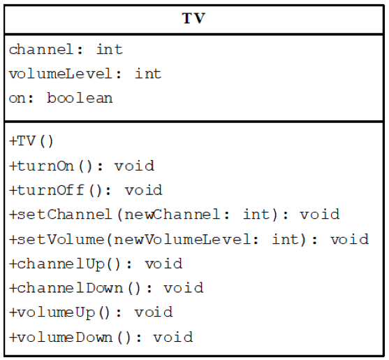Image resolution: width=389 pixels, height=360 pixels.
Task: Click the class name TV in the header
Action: [x=194, y=18]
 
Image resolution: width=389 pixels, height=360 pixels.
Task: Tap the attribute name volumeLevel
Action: [x=61, y=74]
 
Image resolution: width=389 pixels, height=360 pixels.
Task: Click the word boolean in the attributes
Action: [x=80, y=98]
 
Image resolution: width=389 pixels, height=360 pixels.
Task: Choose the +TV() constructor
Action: [x=31, y=141]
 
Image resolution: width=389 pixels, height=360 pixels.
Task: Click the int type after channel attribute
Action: [x=109, y=50]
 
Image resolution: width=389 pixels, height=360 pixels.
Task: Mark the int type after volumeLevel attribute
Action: [x=147, y=74]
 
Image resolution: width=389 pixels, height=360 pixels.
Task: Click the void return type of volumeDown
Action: [x=173, y=337]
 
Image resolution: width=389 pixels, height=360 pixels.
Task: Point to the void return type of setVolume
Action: [x=349, y=239]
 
